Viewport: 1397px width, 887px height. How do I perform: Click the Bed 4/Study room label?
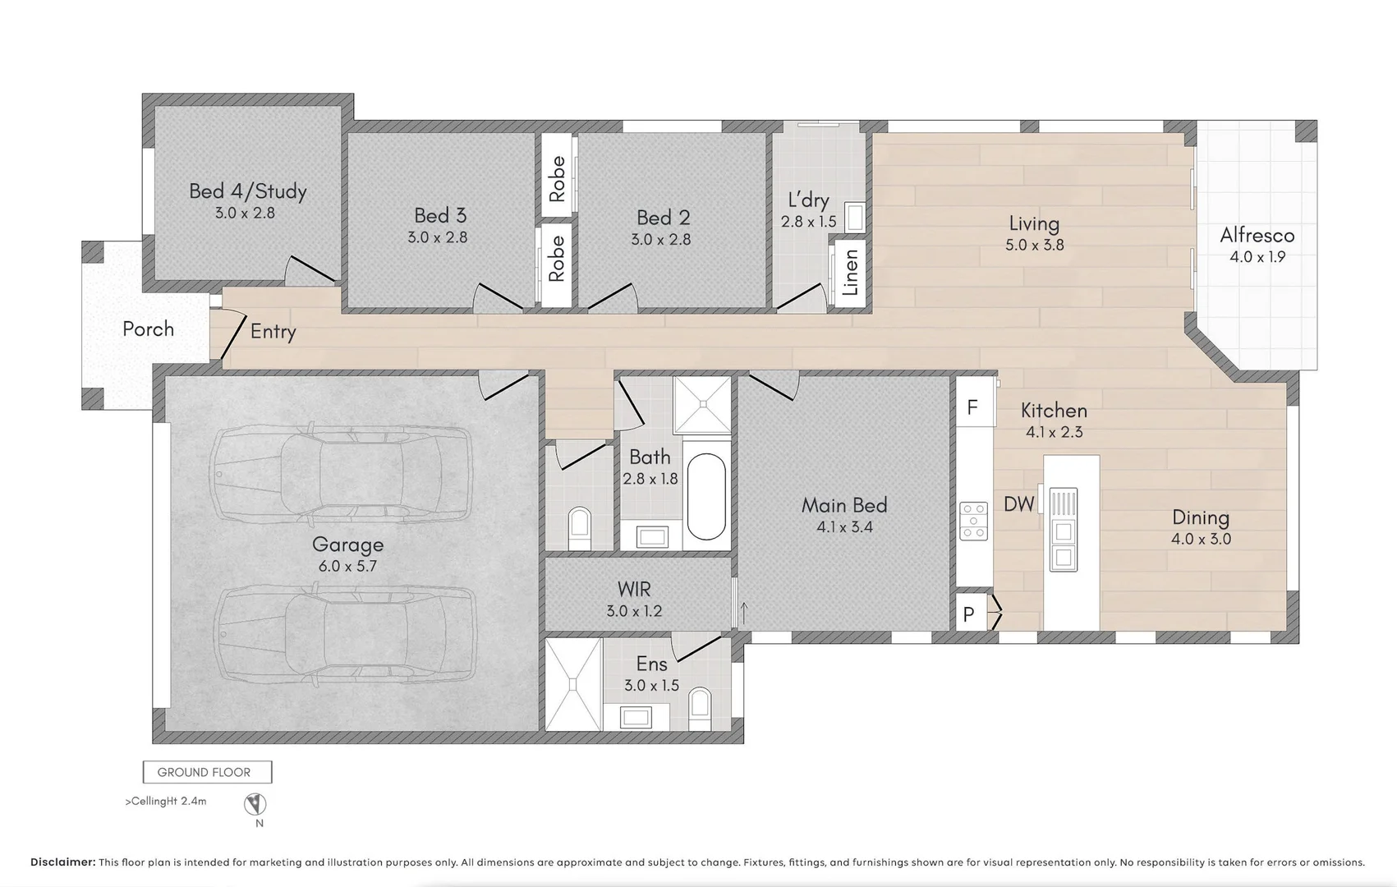[247, 191]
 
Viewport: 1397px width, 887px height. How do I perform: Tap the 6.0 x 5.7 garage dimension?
[347, 566]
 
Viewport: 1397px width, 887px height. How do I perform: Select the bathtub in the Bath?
[706, 496]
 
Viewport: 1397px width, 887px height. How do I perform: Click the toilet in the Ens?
[700, 705]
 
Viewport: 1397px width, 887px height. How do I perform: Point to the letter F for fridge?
[972, 407]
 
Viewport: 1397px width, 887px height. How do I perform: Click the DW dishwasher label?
[1018, 504]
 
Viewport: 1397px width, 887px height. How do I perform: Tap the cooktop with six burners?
[974, 522]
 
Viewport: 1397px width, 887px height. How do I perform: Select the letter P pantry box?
[969, 614]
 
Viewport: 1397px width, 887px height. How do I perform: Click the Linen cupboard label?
[851, 273]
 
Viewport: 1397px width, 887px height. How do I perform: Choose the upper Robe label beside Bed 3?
[557, 179]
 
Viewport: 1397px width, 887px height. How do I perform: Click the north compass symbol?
[255, 803]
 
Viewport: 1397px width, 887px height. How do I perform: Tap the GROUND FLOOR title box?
[206, 772]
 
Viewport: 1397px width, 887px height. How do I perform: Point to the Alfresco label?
[1257, 236]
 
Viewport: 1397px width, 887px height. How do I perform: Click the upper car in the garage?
[341, 471]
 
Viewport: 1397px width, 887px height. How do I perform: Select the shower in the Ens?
[572, 683]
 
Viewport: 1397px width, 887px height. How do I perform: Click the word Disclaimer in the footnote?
[63, 862]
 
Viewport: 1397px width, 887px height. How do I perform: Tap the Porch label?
[148, 329]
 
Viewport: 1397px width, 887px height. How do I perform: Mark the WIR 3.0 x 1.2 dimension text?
[634, 611]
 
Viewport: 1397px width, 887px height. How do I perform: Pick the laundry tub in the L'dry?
[855, 218]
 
